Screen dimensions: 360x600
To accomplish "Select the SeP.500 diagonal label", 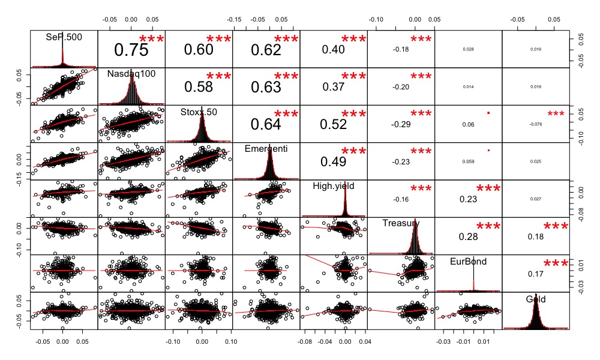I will [x=64, y=37].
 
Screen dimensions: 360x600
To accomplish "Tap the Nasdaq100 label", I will [x=131, y=74].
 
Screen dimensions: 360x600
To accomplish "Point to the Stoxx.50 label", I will [x=199, y=111].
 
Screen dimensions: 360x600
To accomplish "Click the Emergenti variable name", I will [x=266, y=148].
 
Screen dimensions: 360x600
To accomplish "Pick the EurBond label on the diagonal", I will [x=469, y=261].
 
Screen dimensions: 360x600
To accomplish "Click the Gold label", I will [x=536, y=298].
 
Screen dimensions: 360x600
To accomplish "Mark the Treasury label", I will [x=401, y=223].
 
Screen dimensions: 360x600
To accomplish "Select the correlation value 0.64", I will [x=266, y=124].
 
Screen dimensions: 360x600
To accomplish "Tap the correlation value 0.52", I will [x=333, y=124].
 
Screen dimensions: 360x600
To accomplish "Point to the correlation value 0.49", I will [x=333, y=161].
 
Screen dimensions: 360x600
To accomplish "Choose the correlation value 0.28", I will [x=469, y=236].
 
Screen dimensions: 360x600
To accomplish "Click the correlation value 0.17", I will [x=536, y=274].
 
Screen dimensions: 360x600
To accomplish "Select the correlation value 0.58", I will [x=198, y=87].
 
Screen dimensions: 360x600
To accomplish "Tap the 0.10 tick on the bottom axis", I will [x=230, y=341].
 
